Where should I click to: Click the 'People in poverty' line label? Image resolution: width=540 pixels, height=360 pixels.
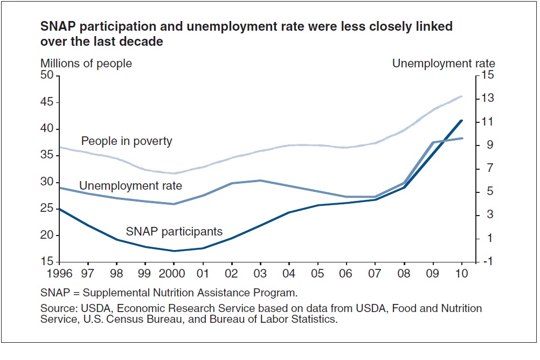click(127, 142)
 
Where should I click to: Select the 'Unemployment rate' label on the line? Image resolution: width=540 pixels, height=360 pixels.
click(130, 186)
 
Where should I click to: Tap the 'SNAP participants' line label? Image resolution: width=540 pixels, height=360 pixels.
click(174, 232)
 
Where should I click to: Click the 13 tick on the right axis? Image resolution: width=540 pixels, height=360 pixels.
click(487, 99)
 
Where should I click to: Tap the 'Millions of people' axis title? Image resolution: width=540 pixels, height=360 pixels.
click(86, 64)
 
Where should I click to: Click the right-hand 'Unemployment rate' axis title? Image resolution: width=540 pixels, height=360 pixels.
click(444, 64)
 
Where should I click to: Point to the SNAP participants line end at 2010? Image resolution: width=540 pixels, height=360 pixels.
click(462, 120)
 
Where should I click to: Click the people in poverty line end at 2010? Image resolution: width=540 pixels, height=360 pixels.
click(462, 96)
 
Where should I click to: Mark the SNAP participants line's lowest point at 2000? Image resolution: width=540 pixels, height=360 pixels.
click(173, 251)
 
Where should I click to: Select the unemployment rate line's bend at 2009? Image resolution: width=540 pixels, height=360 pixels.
click(433, 142)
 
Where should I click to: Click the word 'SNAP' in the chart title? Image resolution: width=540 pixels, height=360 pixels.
click(55, 26)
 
